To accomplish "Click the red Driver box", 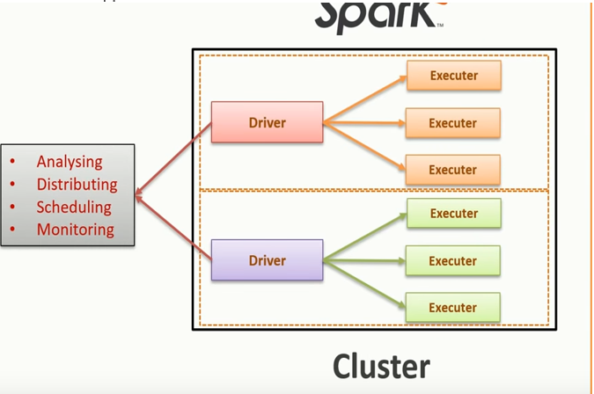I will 267,122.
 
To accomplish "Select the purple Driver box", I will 267,260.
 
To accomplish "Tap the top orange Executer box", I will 453,76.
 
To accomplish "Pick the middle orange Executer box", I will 453,123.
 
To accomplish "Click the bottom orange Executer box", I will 453,170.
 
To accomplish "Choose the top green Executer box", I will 453,214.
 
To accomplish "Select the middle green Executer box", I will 453,261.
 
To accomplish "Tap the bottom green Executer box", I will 453,308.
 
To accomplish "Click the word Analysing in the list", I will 69,162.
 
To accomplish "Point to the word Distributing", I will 77,185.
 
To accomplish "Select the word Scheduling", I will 74,208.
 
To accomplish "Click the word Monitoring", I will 75,230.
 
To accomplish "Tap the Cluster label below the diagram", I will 381,366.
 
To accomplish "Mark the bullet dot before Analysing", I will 12,162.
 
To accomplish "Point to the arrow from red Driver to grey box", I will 173,156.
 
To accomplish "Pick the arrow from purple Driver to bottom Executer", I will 365,284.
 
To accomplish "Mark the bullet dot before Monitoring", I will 12,230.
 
